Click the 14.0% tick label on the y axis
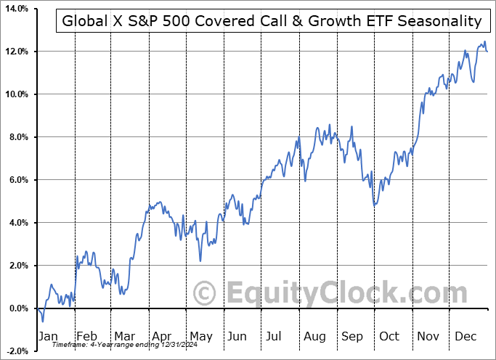click(x=15, y=9)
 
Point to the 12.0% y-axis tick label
click(x=15, y=52)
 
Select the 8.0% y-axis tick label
click(x=17, y=137)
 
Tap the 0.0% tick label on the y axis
click(x=17, y=308)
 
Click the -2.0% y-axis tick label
click(x=15, y=351)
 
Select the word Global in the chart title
click(x=84, y=21)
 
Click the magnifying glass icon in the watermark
click(x=206, y=293)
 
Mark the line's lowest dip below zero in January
click(x=43, y=321)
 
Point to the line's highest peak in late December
click(x=484, y=42)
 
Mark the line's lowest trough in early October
click(x=375, y=205)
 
